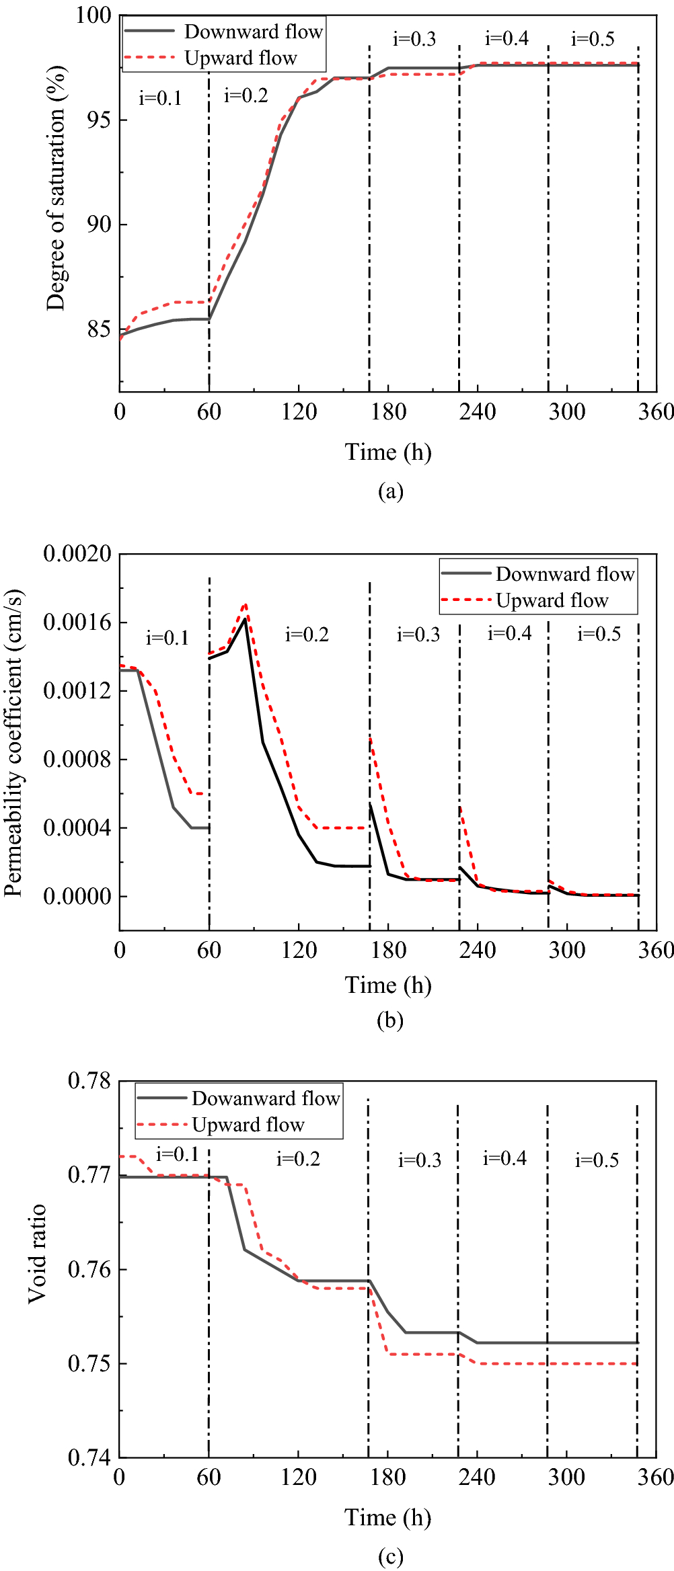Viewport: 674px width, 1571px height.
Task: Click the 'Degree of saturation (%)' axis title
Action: point(57,188)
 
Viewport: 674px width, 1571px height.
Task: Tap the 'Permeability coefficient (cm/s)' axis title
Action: point(13,743)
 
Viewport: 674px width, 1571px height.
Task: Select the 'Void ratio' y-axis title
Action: point(37,1254)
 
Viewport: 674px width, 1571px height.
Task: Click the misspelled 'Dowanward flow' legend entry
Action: point(266,1098)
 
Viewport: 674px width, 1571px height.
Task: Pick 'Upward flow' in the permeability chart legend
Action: point(552,600)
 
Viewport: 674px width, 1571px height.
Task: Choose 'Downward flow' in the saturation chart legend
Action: point(254,32)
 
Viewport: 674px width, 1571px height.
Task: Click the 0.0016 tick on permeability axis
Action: point(77,622)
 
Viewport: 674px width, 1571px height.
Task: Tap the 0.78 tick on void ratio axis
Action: point(89,1081)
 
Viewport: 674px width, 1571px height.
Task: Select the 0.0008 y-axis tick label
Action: point(77,760)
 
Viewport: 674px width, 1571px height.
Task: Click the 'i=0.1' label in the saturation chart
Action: point(160,98)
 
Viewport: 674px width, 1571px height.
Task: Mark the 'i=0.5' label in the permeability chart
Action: point(599,634)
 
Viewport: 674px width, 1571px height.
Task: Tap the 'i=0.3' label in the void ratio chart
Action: point(419,1160)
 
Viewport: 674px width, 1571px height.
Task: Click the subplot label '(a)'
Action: point(390,491)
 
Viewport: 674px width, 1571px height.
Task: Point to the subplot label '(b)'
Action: point(390,1020)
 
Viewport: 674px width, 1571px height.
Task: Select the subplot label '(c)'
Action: point(390,1557)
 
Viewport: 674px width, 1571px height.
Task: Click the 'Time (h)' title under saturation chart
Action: point(388,452)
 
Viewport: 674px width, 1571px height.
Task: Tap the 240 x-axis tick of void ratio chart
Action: point(477,1478)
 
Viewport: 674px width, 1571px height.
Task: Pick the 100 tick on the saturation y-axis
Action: point(93,15)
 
